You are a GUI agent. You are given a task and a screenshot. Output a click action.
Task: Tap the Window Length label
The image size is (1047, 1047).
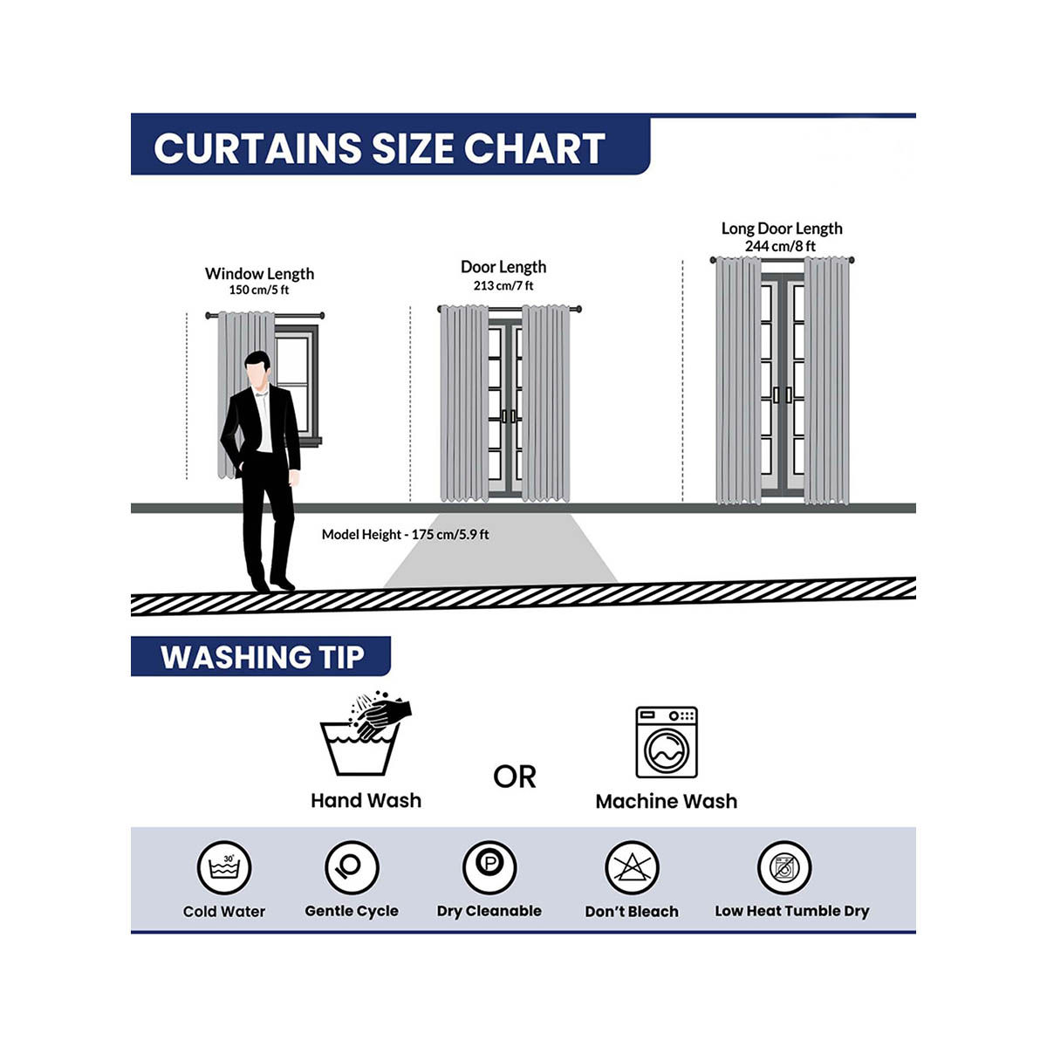point(259,273)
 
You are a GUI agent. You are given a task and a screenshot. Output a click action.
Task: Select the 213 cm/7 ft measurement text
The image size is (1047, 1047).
point(503,285)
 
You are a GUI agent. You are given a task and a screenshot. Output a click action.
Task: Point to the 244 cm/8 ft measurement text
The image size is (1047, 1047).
point(780,246)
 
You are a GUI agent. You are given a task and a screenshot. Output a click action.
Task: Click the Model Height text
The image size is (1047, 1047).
point(405,535)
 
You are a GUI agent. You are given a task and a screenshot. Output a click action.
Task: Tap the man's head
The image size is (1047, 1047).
point(257,369)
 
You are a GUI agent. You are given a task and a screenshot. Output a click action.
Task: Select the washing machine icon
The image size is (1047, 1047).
point(666,742)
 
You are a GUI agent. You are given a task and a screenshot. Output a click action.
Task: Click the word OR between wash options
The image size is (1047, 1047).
point(514,777)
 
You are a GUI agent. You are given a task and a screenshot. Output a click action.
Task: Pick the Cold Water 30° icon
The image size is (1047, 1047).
point(224,867)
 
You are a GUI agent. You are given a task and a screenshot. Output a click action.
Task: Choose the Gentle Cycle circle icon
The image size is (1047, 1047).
point(352,867)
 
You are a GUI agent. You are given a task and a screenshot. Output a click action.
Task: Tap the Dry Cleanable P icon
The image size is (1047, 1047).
point(489,867)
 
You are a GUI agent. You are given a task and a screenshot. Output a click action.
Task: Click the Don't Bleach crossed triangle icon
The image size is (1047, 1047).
point(632,867)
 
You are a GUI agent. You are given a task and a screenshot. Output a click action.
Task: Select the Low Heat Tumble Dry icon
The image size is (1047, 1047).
point(784,867)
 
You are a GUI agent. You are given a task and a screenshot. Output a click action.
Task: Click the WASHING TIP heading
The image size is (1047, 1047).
point(262,657)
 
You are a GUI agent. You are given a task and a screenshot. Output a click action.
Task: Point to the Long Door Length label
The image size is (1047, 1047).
point(781,229)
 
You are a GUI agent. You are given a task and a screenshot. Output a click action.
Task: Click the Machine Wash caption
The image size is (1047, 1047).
point(666,802)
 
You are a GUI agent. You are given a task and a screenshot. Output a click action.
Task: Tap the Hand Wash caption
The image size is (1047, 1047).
point(366,800)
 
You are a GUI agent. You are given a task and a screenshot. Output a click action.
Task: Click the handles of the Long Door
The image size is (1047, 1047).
point(783,395)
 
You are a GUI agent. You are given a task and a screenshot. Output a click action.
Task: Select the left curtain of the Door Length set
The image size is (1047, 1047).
point(464,403)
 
